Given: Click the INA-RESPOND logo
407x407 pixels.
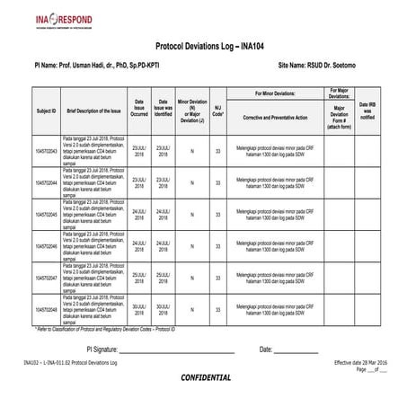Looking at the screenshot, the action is (x=42, y=19).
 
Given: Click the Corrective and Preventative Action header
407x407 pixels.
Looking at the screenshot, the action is (x=275, y=118).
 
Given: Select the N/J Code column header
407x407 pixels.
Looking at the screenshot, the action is (x=218, y=111).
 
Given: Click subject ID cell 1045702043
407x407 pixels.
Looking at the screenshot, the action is (x=46, y=151).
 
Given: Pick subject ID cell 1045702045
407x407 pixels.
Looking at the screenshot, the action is (x=46, y=215).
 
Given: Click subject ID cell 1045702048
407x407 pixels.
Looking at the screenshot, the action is (x=46, y=309).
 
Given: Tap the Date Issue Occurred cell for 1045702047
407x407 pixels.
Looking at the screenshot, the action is (x=139, y=278).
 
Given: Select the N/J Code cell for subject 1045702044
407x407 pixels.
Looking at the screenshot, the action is (x=218, y=183).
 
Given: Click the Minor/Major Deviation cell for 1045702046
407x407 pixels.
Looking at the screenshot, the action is (x=191, y=246).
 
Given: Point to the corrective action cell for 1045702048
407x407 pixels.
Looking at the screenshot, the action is (x=275, y=309).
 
